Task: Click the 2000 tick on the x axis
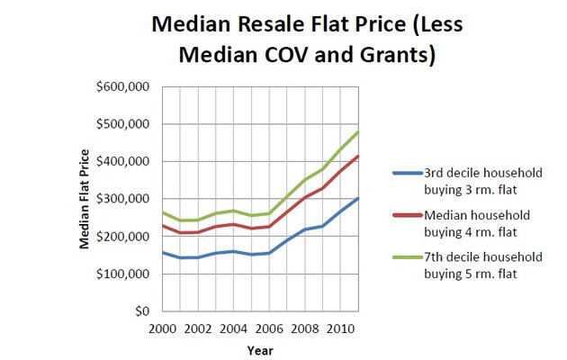(162, 329)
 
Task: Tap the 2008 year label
(304, 329)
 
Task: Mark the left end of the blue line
(162, 252)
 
